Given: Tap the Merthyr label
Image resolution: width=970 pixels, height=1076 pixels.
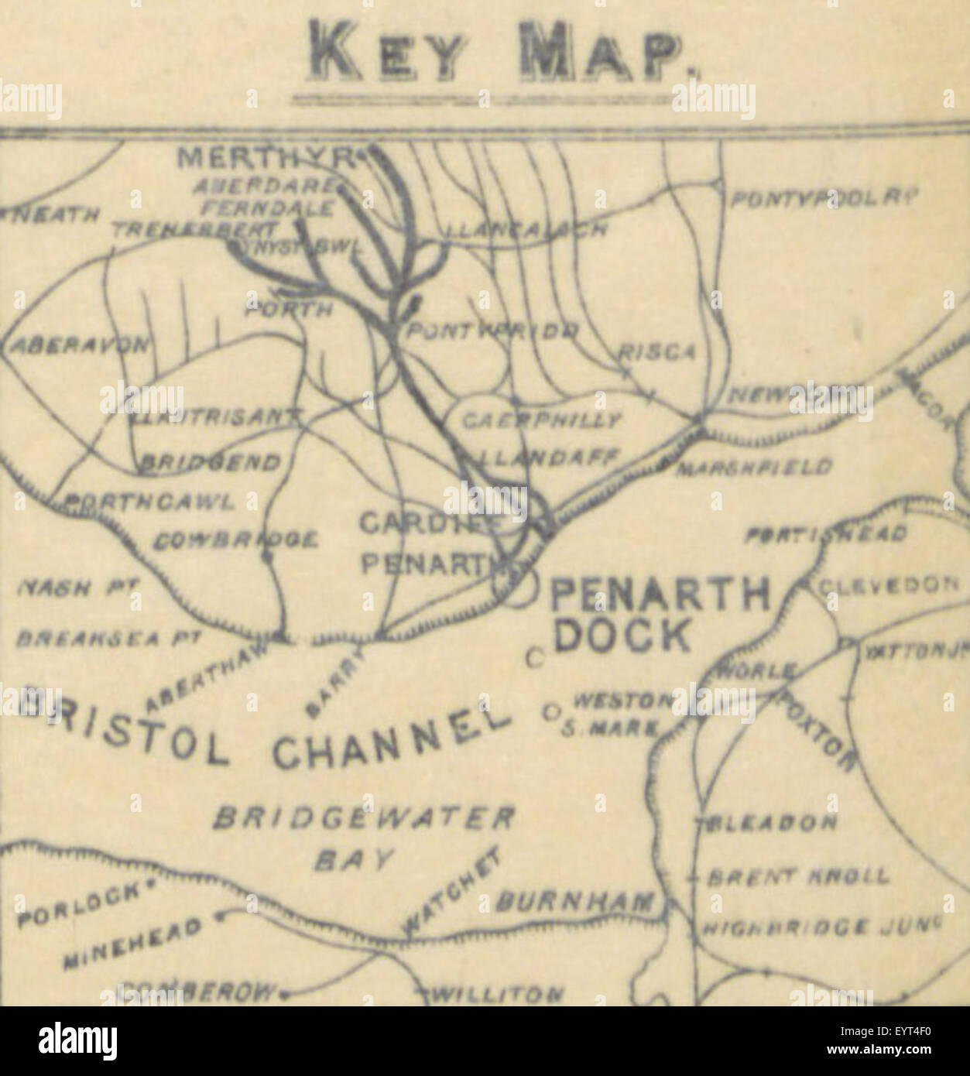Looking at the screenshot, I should (x=267, y=159).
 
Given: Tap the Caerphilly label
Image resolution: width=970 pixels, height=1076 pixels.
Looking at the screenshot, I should (x=541, y=421).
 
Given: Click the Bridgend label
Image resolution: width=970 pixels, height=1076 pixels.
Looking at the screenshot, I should (x=209, y=463).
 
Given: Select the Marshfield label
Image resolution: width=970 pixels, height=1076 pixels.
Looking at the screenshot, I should (x=754, y=467).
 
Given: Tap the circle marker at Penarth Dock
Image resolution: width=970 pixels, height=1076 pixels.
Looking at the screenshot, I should (x=522, y=588).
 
